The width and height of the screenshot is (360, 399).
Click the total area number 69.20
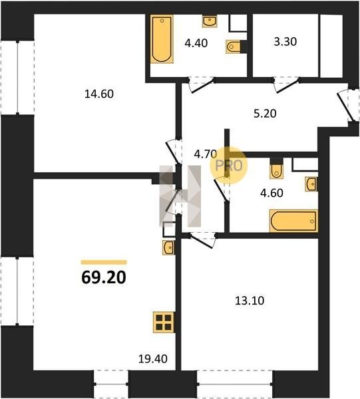tap(104, 277)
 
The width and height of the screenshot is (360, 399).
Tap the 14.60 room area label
tap(99, 94)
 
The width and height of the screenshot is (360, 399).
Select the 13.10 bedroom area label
tap(250, 301)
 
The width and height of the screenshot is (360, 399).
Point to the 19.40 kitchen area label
tap(153, 359)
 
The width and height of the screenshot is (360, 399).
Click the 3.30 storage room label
tap(285, 42)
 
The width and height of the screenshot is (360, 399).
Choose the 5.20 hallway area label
tap(265, 114)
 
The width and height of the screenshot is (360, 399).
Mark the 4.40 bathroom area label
tap(196, 43)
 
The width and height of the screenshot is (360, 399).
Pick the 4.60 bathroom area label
tap(271, 193)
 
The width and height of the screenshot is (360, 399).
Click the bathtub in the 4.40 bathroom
tap(162, 39)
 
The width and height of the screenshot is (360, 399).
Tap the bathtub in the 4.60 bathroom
tap(294, 221)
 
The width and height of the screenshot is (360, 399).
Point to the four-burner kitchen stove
tap(164, 322)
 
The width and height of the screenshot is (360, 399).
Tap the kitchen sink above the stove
tap(168, 247)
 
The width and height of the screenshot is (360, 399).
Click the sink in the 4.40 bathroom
tap(210, 21)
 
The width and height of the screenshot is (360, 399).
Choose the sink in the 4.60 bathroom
tap(311, 184)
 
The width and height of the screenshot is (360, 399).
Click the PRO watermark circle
tap(228, 166)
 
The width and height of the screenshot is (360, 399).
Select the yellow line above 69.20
tap(104, 263)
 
